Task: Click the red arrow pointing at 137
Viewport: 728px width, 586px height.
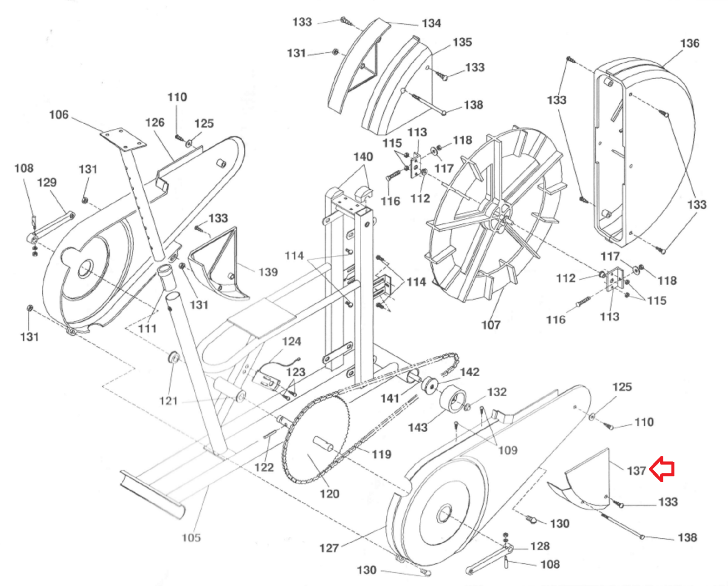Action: point(662,469)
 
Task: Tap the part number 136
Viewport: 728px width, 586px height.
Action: point(690,43)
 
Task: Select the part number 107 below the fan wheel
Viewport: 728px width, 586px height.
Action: point(491,325)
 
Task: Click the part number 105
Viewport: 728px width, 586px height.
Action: point(191,538)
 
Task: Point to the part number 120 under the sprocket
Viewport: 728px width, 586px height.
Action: point(329,494)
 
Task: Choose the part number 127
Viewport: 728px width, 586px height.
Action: point(329,548)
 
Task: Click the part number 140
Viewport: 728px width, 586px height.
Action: point(363,157)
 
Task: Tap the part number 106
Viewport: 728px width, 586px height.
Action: point(59,115)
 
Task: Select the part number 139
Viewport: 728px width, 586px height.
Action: point(268,272)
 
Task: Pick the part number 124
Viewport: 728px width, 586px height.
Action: point(292,341)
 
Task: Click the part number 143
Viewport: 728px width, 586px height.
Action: point(418,427)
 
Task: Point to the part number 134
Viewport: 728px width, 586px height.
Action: point(431,23)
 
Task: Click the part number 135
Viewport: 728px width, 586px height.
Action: point(462,42)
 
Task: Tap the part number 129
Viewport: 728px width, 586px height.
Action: point(47,183)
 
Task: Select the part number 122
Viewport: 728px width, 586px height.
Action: point(264,467)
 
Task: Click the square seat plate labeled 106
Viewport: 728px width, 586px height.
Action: point(123,139)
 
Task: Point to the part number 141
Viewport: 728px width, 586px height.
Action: point(390,399)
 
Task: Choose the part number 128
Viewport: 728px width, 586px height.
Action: point(540,546)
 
